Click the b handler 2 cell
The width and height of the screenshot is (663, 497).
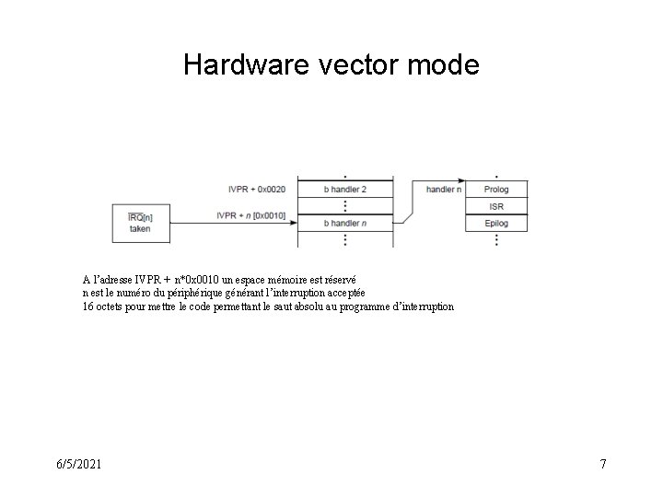pyautogui.click(x=345, y=188)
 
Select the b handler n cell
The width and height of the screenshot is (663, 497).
pyautogui.click(x=345, y=223)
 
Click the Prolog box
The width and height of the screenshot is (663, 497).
pyautogui.click(x=495, y=188)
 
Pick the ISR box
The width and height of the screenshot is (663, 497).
pyautogui.click(x=495, y=205)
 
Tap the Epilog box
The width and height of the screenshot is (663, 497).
pyautogui.click(x=495, y=223)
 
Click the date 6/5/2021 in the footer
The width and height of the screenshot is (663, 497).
pyautogui.click(x=77, y=464)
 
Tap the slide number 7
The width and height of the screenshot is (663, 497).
pyautogui.click(x=602, y=464)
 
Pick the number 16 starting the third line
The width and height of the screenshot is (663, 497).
pyautogui.click(x=87, y=306)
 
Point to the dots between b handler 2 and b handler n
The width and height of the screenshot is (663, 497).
pyautogui.click(x=345, y=205)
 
